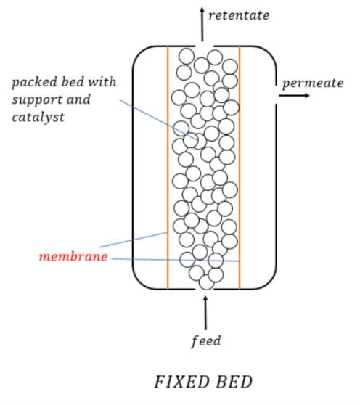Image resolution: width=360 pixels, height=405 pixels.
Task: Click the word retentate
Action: pyautogui.click(x=239, y=15)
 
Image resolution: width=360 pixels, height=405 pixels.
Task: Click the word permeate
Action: pyautogui.click(x=313, y=83)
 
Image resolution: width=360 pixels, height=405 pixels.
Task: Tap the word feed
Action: pyautogui.click(x=206, y=341)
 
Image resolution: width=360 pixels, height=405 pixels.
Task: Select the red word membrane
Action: pyautogui.click(x=73, y=257)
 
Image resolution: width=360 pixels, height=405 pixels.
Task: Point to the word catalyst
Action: pyautogui.click(x=38, y=118)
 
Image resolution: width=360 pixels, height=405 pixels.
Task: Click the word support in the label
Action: pyautogui.click(x=36, y=100)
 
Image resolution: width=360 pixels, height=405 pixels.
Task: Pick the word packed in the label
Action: pyautogui.click(x=34, y=83)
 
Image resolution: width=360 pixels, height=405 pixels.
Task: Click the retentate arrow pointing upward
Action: pyautogui.click(x=202, y=24)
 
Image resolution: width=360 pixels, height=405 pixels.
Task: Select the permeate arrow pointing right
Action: pyautogui.click(x=294, y=96)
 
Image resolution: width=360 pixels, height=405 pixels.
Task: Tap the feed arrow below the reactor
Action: pyautogui.click(x=205, y=313)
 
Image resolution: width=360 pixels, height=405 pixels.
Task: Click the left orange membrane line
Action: pyautogui.click(x=168, y=168)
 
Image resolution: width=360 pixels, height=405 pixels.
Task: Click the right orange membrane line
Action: pyautogui.click(x=240, y=168)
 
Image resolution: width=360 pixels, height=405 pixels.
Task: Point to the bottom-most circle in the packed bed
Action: pyautogui.click(x=207, y=282)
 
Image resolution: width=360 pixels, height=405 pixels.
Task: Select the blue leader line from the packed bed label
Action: pyautogui.click(x=159, y=120)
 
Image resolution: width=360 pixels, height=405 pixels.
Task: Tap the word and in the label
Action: pyautogui.click(x=78, y=99)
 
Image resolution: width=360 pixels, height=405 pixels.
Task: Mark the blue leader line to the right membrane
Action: pyautogui.click(x=176, y=260)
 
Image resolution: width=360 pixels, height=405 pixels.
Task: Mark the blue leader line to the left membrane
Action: pyautogui.click(x=134, y=240)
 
